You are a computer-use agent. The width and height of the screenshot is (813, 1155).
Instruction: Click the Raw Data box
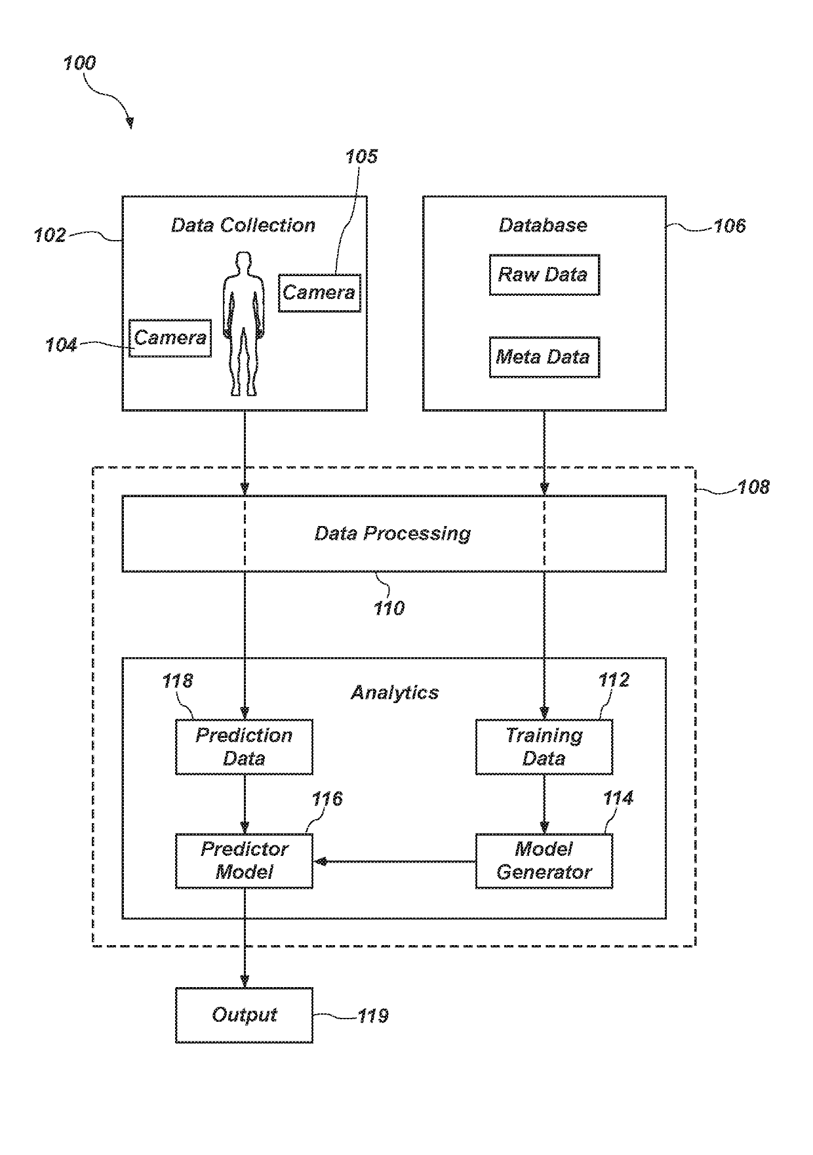tap(544, 275)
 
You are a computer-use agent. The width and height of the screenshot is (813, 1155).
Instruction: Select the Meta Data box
tap(544, 357)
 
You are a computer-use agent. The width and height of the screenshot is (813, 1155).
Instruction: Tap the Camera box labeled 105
tap(319, 293)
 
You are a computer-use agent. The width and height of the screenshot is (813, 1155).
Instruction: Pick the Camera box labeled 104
tap(170, 338)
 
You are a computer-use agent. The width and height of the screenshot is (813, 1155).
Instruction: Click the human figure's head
tap(244, 262)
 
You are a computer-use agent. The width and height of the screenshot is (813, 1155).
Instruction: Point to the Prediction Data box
tap(244, 747)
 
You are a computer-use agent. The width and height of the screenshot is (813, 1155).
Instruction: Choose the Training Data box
tap(544, 747)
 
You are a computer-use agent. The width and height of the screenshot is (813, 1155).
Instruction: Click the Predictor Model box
tap(244, 861)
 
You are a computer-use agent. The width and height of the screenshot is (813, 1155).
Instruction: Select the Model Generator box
tap(544, 861)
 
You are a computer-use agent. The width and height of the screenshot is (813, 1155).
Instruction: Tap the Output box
tap(244, 1015)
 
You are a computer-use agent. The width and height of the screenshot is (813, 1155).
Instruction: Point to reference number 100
tap(79, 64)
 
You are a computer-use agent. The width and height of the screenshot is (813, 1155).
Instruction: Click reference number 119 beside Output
tap(372, 1016)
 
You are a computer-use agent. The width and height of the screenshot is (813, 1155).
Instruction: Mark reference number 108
tap(753, 487)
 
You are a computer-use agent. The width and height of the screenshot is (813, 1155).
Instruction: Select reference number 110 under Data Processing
tap(389, 609)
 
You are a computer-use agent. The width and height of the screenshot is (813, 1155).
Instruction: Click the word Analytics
tap(395, 693)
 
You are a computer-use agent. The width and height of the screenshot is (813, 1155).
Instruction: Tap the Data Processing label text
tap(393, 533)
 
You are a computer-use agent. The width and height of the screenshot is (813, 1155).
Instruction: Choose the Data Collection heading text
tap(243, 226)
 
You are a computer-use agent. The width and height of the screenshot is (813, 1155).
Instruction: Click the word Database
tap(543, 226)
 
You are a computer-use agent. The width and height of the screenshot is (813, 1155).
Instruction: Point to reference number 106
tap(729, 226)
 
